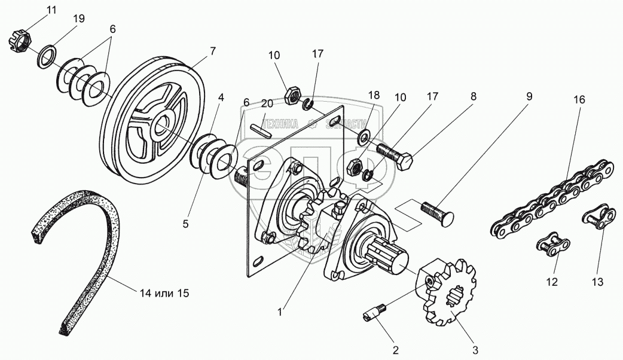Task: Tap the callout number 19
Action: pyautogui.click(x=79, y=19)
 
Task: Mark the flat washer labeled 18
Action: pyautogui.click(x=363, y=139)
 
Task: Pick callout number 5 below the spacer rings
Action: pyautogui.click(x=185, y=224)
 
